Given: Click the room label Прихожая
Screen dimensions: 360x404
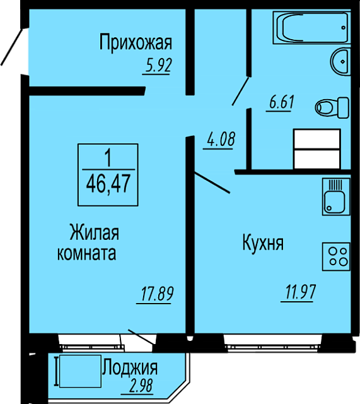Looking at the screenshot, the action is tap(136, 43).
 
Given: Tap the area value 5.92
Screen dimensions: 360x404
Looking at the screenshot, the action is tap(158, 66).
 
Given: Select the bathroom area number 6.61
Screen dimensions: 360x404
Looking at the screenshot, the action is tap(281, 102).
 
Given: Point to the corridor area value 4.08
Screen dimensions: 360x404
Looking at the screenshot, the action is tap(221, 139).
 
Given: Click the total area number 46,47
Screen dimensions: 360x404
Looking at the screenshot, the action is tap(108, 183).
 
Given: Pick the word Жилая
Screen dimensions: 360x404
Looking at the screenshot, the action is tap(94, 232).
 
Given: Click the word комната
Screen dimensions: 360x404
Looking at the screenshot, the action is tap(87, 253).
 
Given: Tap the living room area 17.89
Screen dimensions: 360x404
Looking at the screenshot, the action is tap(157, 294).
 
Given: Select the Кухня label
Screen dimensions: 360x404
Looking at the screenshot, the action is tap(263, 244).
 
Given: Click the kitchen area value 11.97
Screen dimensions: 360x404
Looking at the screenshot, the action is tap(300, 292).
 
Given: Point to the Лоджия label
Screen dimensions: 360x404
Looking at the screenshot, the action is tap(130, 369).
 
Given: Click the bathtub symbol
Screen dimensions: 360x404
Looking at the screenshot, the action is tap(311, 28).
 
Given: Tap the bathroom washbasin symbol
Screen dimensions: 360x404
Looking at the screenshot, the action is tap(340, 62).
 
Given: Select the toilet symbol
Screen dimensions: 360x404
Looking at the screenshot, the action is tap(332, 108).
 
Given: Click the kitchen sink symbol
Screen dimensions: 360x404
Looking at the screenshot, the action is tap(336, 196).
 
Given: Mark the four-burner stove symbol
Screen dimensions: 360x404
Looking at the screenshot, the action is tap(336, 257).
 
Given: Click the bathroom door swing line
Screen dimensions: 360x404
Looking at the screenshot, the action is tap(240, 91).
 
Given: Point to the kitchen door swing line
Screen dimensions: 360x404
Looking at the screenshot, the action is tap(212, 182).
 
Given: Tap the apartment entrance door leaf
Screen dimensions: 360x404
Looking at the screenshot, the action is tap(11, 46).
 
